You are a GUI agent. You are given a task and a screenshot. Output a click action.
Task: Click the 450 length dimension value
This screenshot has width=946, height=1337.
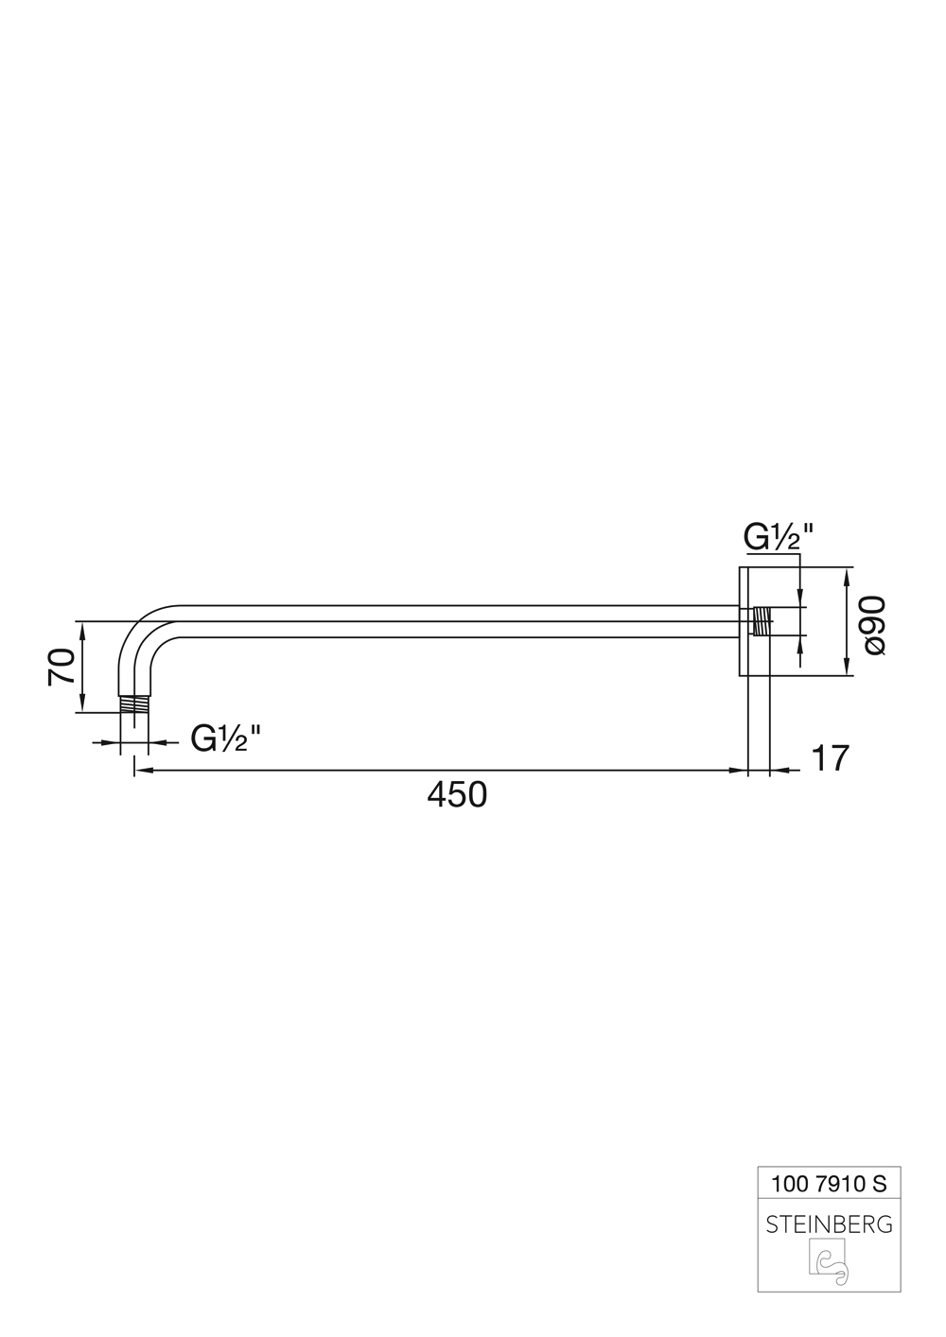coord(458,795)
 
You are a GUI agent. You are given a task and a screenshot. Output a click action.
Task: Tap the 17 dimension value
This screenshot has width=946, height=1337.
coord(831,757)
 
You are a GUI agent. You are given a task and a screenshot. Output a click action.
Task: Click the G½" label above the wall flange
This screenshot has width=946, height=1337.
coord(779,536)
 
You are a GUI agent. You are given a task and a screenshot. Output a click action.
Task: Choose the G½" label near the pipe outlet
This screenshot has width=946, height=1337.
coord(226,738)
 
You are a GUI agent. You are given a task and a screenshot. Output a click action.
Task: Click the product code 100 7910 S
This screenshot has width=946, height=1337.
coord(829,1182)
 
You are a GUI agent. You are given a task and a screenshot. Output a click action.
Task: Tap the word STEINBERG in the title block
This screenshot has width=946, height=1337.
coord(829,1224)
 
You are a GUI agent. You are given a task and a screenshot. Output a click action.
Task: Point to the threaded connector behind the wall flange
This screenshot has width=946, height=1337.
coord(762,621)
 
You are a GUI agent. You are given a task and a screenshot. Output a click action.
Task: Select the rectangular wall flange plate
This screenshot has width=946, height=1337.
coord(744,621)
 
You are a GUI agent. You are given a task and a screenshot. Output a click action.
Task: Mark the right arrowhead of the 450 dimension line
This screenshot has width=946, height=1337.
coord(740,772)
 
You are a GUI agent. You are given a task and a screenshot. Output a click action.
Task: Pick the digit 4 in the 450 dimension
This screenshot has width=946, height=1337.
coord(437,795)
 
